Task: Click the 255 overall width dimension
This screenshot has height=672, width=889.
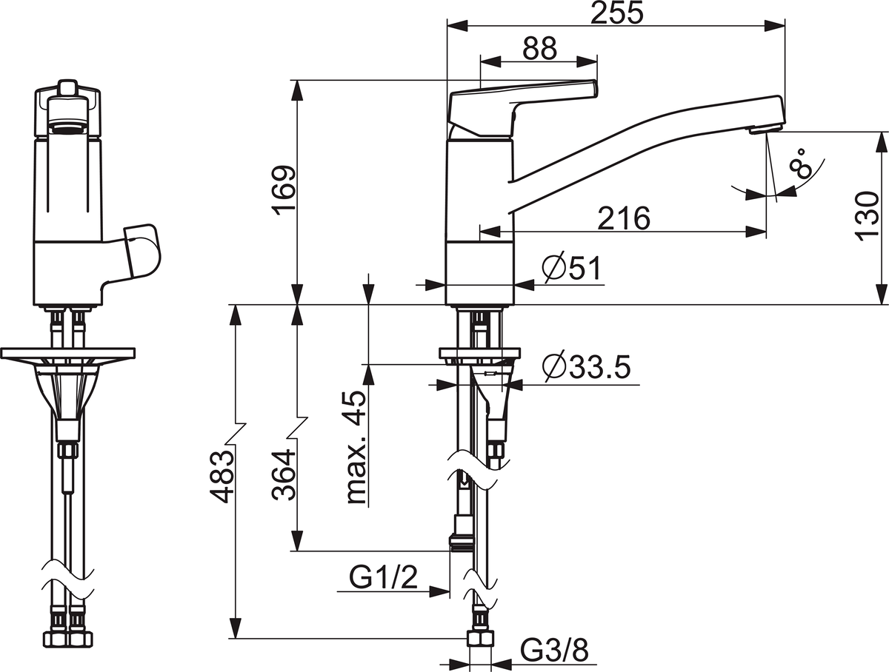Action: pyautogui.click(x=616, y=13)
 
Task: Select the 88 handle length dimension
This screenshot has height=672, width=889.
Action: pyautogui.click(x=539, y=49)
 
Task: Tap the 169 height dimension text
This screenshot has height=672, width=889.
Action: pyautogui.click(x=284, y=190)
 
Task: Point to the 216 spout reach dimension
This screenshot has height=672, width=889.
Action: pyautogui.click(x=624, y=218)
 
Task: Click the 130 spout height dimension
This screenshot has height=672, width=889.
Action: pyautogui.click(x=866, y=216)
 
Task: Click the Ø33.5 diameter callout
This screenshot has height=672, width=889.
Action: pyautogui.click(x=587, y=366)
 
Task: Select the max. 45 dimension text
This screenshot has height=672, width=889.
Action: pyautogui.click(x=356, y=448)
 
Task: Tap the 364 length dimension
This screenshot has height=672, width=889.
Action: pyautogui.click(x=284, y=474)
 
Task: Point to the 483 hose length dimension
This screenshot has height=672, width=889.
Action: pyautogui.click(x=222, y=477)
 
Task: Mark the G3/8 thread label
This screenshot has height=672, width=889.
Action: pyautogui.click(x=554, y=650)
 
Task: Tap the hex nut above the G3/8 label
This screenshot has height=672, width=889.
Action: pyautogui.click(x=480, y=639)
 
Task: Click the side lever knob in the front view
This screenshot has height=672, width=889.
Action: pyautogui.click(x=142, y=251)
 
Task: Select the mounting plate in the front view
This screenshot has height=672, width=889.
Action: pyautogui.click(x=68, y=353)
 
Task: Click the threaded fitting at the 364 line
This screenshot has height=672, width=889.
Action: pyautogui.click(x=462, y=543)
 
